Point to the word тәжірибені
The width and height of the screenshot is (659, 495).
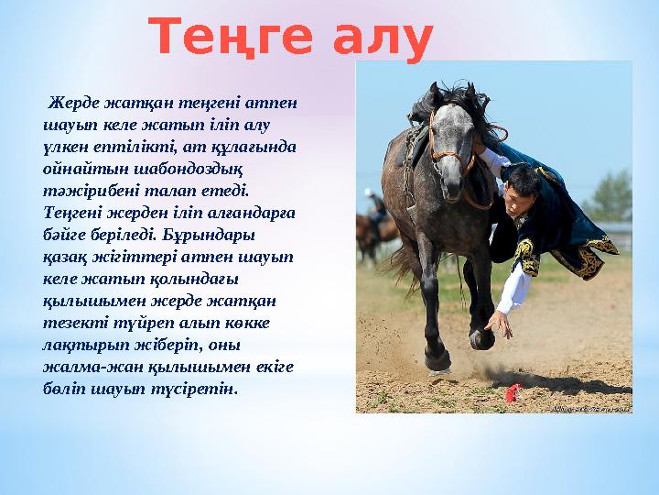pos(87,193)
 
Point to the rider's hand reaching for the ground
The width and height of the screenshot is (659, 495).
pos(499,323)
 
